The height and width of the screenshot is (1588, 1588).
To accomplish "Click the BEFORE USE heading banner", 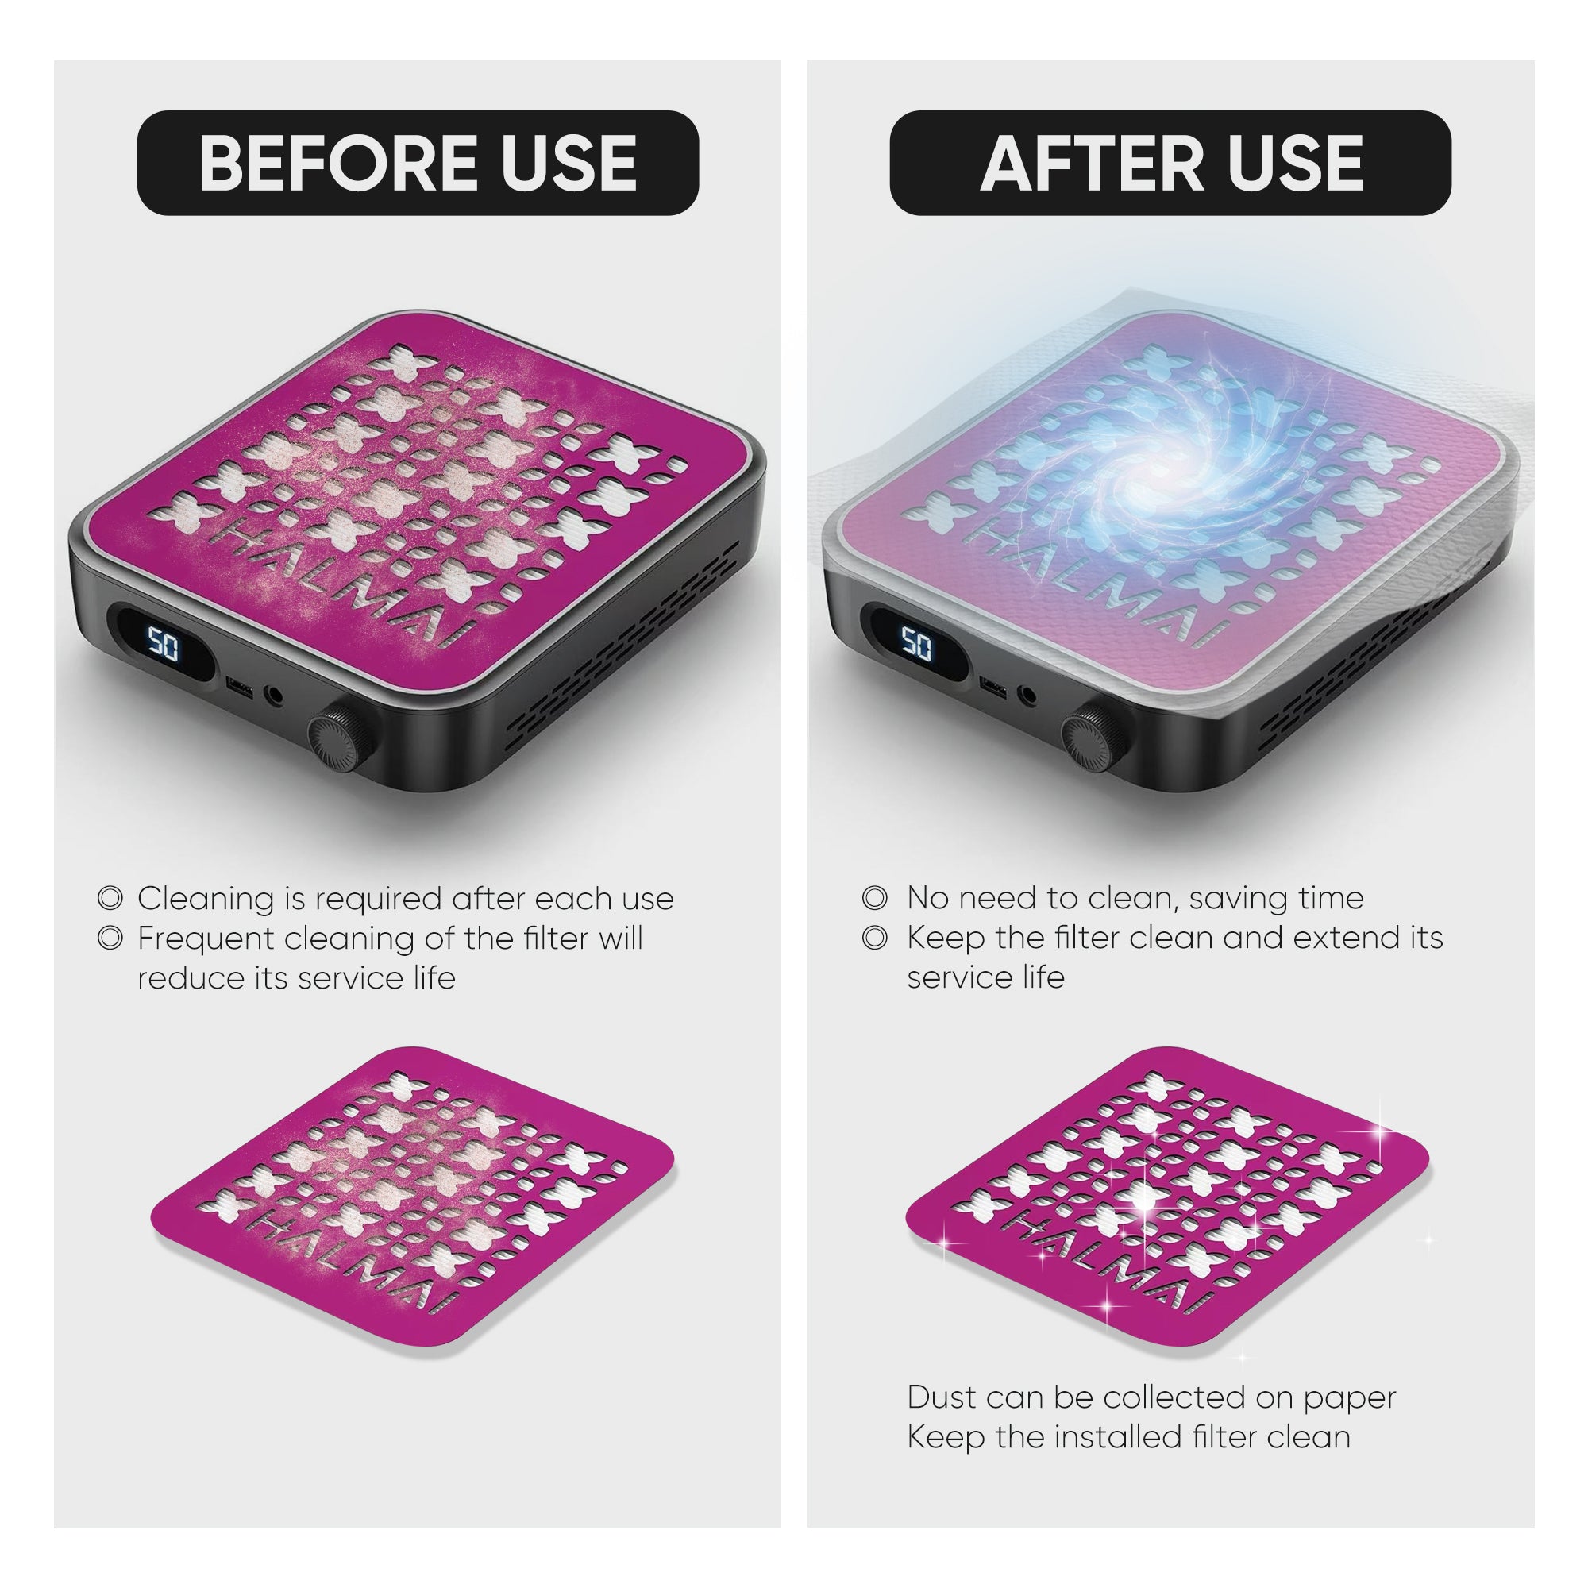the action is coord(418,163).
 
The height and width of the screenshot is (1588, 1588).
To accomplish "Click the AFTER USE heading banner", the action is coord(1170,163).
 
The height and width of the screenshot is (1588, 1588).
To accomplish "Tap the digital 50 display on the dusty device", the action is coord(164,647).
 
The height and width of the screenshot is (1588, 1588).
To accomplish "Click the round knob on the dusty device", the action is coord(344,730).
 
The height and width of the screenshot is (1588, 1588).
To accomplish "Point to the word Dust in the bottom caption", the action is coord(942,1397).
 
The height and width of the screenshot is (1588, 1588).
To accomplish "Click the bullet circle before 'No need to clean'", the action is coord(874,897).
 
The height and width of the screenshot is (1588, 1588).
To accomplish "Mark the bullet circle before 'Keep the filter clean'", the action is coord(874,937).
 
